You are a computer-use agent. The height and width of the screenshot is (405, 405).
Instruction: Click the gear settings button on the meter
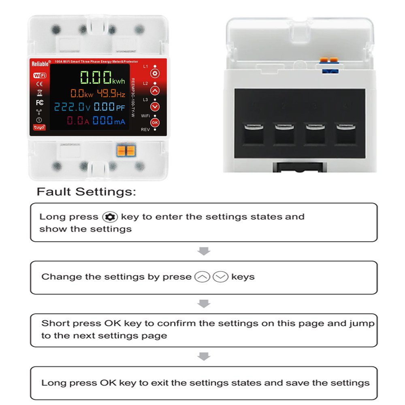click(155, 74)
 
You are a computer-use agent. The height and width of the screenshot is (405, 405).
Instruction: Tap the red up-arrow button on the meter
click(155, 91)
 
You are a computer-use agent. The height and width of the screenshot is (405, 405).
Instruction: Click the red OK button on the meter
click(155, 123)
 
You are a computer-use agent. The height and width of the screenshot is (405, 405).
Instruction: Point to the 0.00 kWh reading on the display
click(102, 77)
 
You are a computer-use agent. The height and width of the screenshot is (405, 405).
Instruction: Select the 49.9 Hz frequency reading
click(111, 93)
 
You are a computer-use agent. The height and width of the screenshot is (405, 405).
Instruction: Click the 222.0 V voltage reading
click(72, 107)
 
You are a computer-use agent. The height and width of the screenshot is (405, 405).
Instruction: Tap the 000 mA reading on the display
click(109, 120)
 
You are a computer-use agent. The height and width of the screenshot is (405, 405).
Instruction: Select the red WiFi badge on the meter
click(40, 75)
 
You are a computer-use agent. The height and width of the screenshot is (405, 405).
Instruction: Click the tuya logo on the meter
click(39, 127)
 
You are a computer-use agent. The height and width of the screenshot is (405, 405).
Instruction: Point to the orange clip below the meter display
click(126, 151)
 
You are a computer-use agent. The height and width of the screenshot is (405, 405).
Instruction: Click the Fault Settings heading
click(86, 192)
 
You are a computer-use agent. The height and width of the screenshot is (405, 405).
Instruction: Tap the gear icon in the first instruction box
click(110, 217)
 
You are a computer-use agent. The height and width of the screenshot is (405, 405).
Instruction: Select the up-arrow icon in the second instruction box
click(202, 277)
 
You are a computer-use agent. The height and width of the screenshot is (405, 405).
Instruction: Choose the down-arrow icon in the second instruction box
click(221, 277)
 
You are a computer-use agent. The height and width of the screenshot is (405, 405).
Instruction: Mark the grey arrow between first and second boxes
click(204, 251)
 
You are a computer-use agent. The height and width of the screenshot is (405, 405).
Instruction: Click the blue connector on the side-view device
click(330, 71)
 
